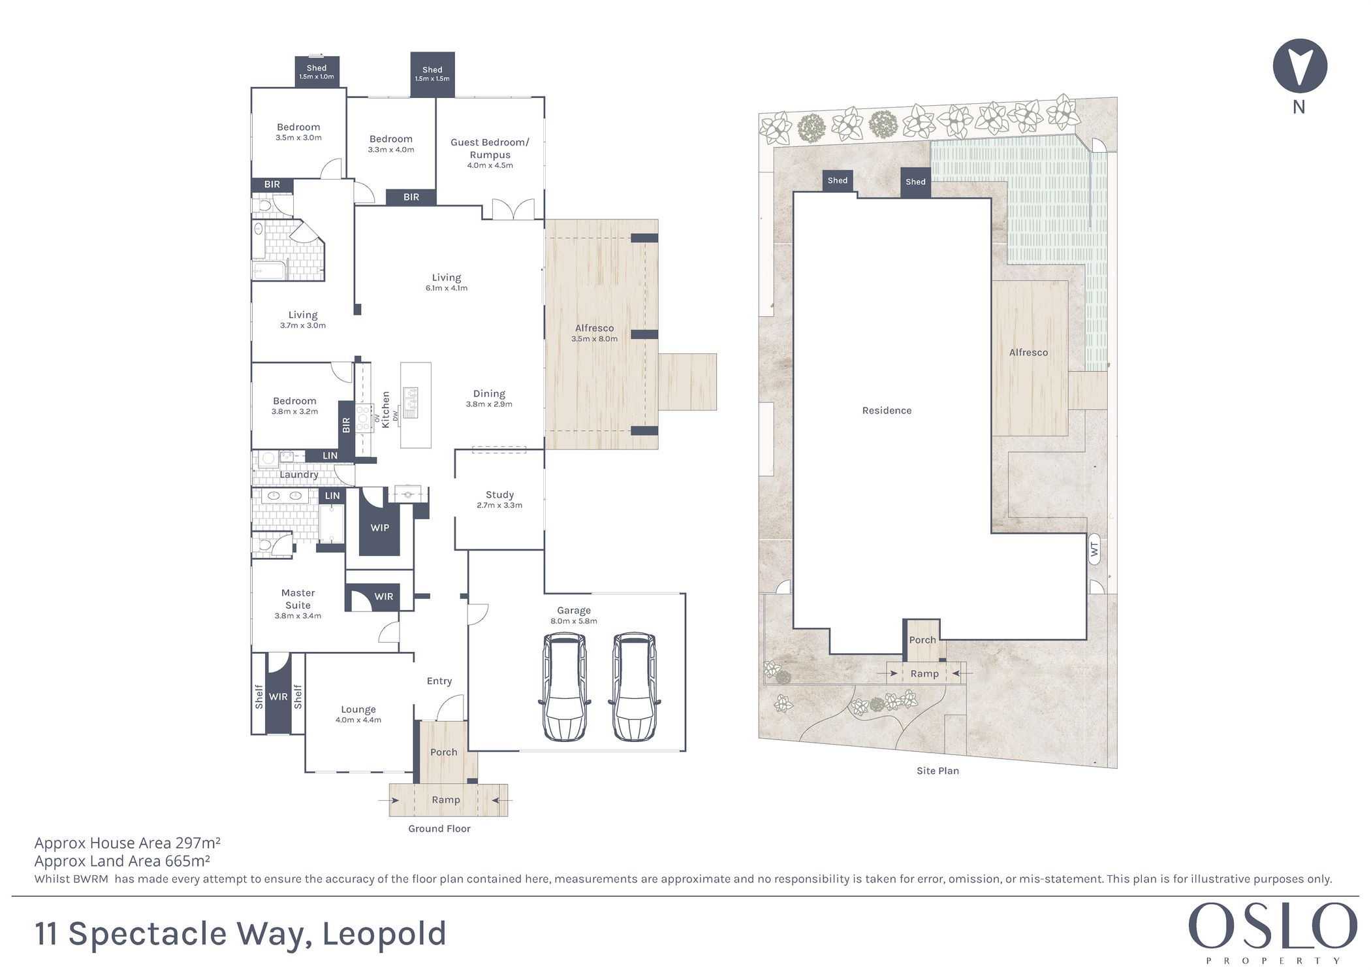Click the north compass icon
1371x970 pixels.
(x=1299, y=65)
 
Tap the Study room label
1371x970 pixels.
(x=499, y=494)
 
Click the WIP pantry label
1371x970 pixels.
(x=380, y=528)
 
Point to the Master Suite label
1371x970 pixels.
(x=298, y=599)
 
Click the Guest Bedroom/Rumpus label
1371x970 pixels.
(x=490, y=148)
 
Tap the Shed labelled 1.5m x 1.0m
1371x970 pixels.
(x=317, y=71)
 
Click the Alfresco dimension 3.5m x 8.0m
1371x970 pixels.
(x=594, y=339)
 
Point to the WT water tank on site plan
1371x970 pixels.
(x=1094, y=550)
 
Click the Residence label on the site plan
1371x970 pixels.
(x=887, y=410)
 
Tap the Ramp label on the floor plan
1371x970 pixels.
(x=446, y=800)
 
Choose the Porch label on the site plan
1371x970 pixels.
(x=922, y=640)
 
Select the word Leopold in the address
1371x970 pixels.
(x=385, y=934)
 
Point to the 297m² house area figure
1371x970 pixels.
(x=198, y=843)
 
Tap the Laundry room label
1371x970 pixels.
(x=299, y=475)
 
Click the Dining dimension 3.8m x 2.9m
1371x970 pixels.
(x=489, y=404)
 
